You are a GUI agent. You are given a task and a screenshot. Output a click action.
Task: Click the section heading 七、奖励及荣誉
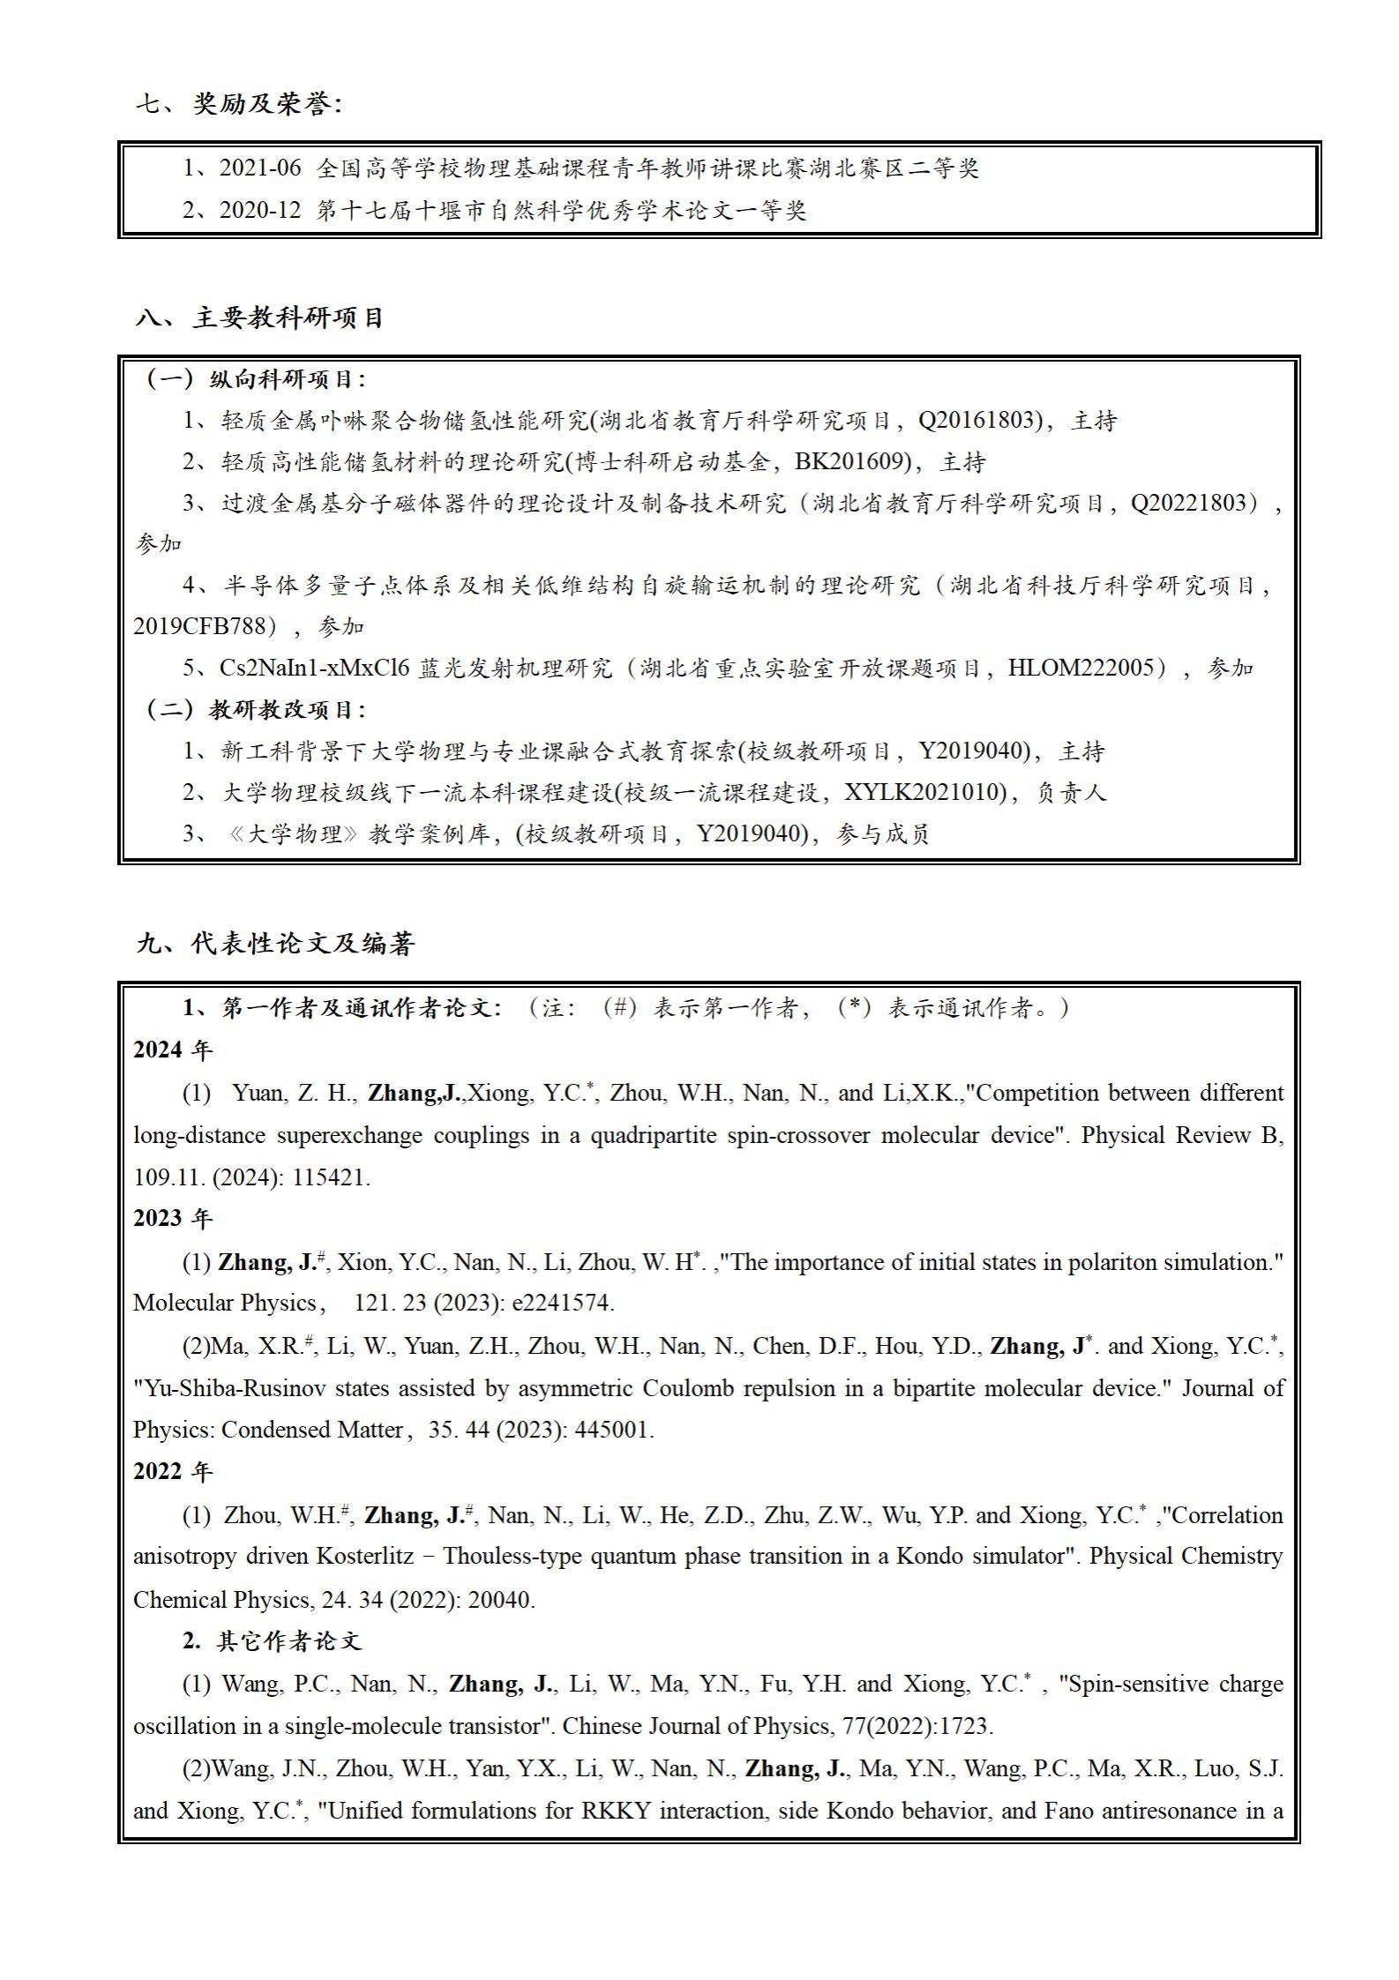238,104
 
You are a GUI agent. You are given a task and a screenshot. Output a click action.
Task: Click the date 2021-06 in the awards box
260,168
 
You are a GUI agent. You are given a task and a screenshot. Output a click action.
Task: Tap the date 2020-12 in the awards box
260,210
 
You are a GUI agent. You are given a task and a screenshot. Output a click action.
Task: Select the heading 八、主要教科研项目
260,318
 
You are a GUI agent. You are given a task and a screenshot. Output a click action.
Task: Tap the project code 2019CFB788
199,626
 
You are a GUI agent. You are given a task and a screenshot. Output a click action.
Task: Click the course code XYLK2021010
924,792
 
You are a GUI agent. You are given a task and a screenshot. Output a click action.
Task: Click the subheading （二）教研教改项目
253,709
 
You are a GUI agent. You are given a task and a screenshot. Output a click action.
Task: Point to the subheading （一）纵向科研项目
253,379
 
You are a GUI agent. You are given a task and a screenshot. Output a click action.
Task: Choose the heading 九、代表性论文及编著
275,944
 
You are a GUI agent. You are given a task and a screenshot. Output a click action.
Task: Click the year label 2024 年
173,1050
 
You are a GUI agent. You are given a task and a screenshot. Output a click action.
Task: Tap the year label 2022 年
173,1471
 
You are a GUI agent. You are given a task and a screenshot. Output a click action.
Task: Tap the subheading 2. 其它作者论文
272,1640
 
